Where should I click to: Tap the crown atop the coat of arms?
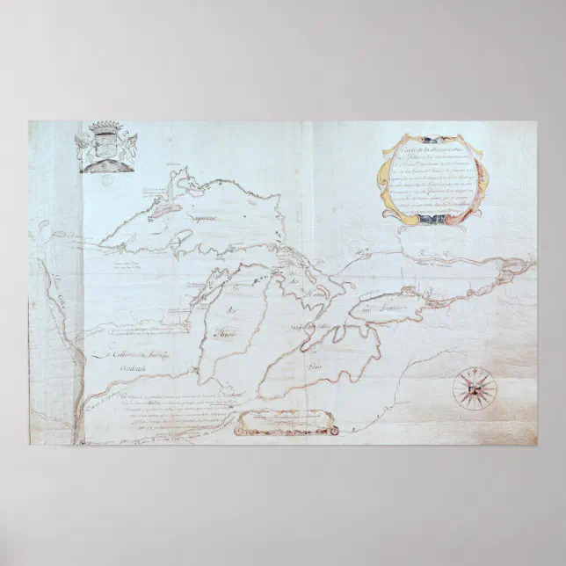[107, 127]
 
